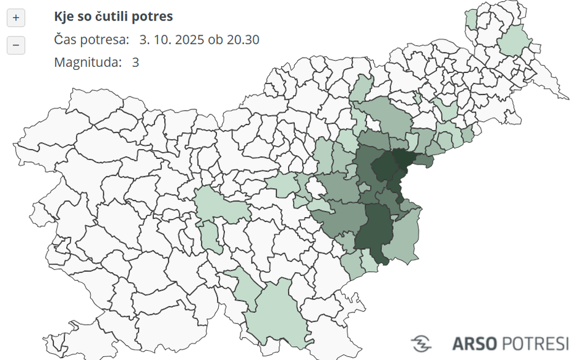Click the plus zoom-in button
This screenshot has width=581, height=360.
tap(16, 18)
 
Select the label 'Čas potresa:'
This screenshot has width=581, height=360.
tap(91, 40)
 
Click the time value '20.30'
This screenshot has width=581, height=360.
tap(243, 40)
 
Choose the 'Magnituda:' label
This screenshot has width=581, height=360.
tap(88, 62)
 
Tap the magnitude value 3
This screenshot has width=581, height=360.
tap(135, 62)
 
